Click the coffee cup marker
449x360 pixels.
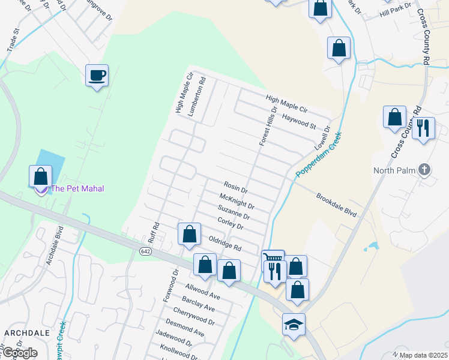(x=97, y=76)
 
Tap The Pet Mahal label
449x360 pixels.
(x=77, y=189)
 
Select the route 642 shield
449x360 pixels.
(x=146, y=250)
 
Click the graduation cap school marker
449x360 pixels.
(x=294, y=325)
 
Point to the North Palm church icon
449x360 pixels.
(x=424, y=169)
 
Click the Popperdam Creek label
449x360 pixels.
(x=318, y=155)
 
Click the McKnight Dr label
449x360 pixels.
(x=237, y=201)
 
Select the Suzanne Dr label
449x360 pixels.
(x=234, y=212)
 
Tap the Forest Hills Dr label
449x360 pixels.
(x=268, y=127)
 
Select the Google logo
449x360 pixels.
(x=19, y=353)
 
